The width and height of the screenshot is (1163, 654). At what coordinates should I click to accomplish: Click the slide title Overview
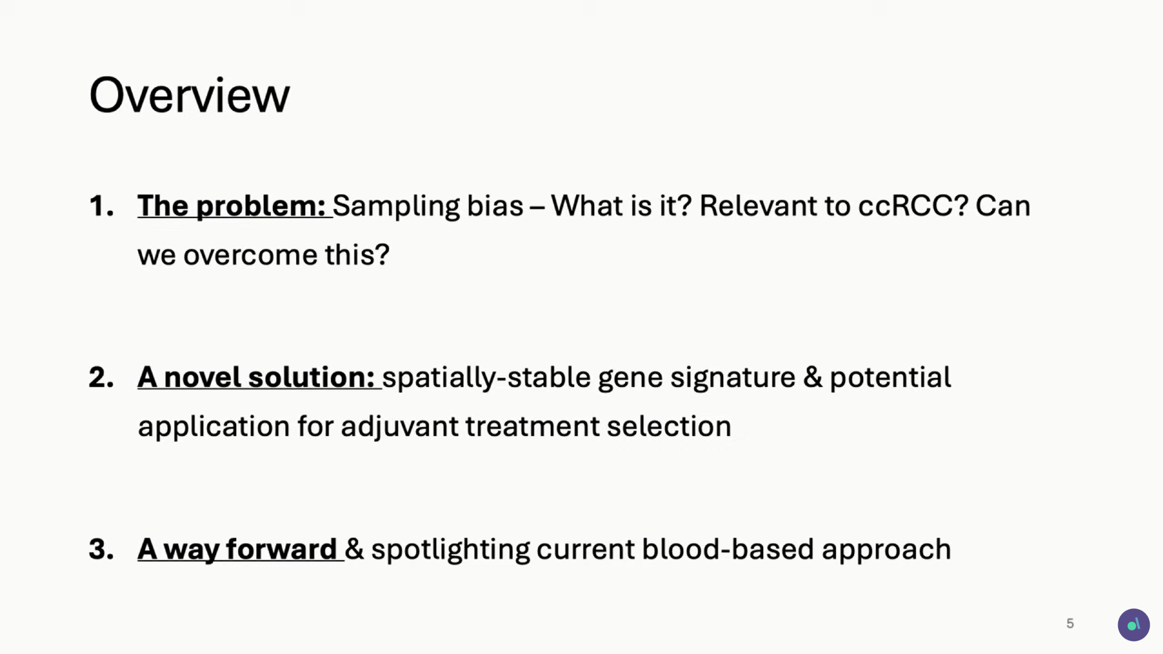click(190, 95)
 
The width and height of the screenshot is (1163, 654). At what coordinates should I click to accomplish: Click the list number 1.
click(101, 206)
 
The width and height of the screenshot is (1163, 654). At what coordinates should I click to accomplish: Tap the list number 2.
click(101, 377)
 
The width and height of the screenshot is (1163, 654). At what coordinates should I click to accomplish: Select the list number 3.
click(101, 549)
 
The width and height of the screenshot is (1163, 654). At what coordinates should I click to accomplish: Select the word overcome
click(250, 255)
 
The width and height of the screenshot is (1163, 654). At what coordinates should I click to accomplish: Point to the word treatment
click(532, 427)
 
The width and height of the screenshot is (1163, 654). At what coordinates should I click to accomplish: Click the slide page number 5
click(1070, 624)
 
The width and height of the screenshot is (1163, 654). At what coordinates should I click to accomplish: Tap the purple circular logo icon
click(1133, 625)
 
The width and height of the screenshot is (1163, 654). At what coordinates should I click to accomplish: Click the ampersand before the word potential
click(813, 377)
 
